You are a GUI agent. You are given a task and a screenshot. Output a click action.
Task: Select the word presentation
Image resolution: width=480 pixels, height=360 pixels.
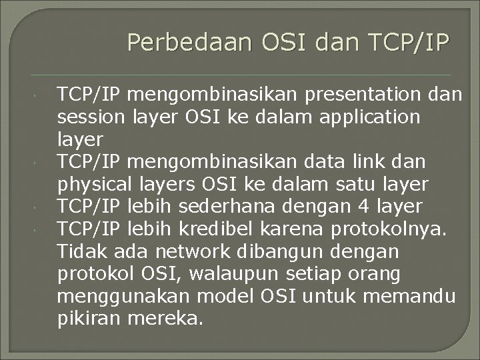tap(363, 95)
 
